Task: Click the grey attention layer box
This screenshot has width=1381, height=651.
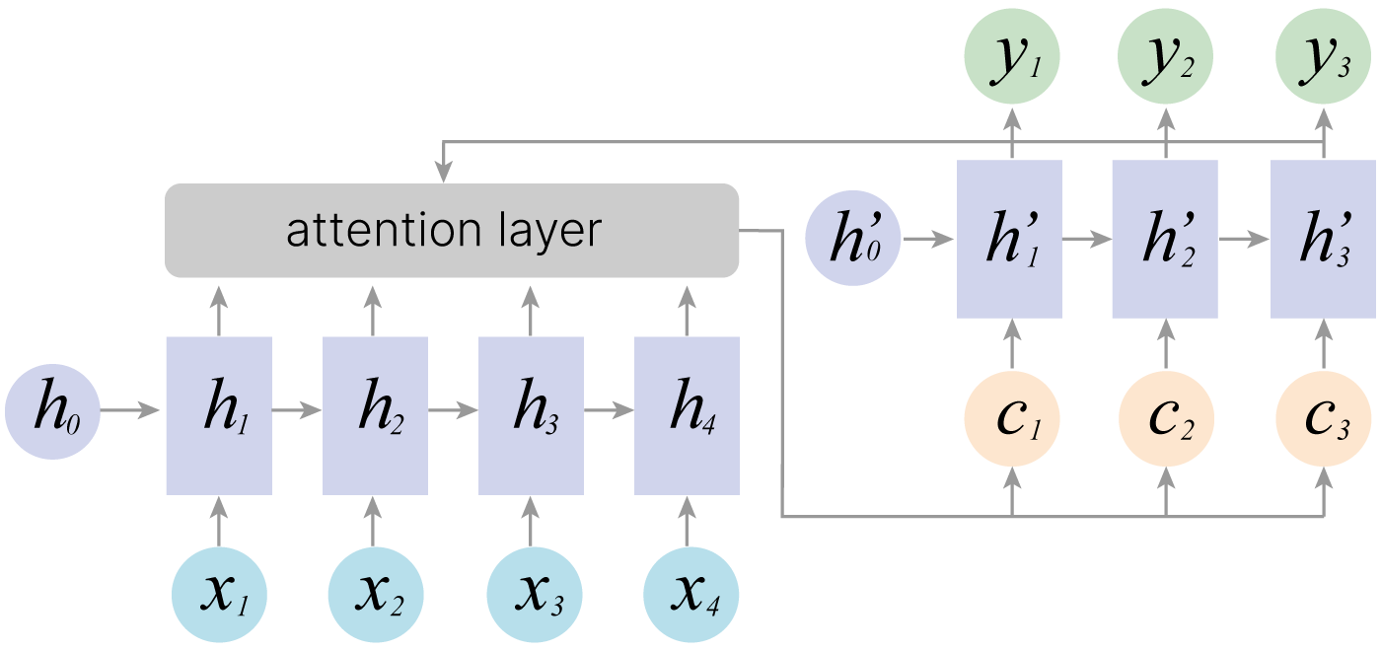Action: (452, 230)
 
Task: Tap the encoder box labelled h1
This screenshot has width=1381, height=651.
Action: (218, 415)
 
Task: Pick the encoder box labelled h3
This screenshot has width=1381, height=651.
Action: (532, 415)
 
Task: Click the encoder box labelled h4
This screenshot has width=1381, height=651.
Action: (687, 415)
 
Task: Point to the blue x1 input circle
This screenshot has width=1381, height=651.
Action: (219, 595)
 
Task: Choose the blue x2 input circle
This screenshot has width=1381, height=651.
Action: (376, 595)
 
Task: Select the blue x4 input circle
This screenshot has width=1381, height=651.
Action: (690, 595)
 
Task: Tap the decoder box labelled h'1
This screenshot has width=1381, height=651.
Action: (1009, 239)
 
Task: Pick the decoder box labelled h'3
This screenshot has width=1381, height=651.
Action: (1322, 239)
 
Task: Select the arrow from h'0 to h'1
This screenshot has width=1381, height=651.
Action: (928, 239)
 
